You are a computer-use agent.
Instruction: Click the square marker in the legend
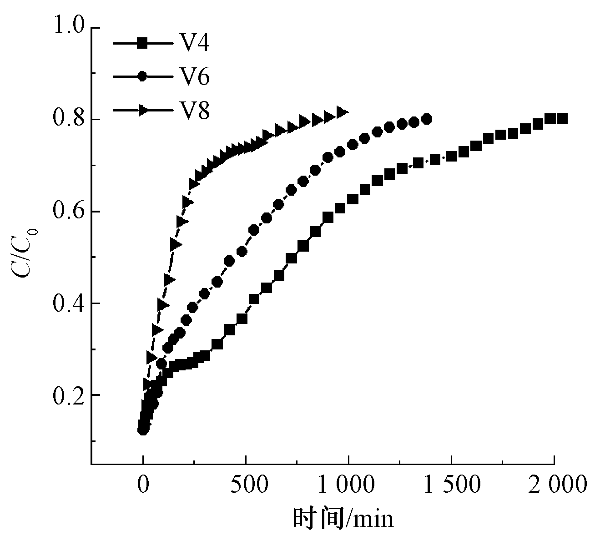[142, 44]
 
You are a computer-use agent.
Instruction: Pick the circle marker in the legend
[142, 77]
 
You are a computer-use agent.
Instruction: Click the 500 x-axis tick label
[246, 485]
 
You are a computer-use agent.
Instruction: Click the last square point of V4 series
[562, 118]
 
